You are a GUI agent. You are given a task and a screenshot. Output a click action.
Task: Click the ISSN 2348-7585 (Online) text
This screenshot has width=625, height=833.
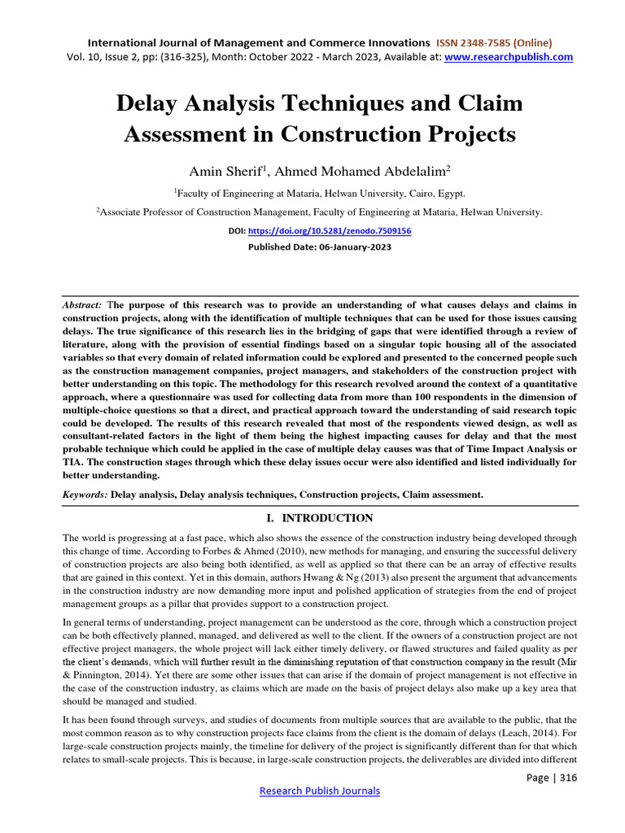coord(494,42)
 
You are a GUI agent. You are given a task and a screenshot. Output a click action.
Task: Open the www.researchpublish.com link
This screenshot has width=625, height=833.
coord(509,57)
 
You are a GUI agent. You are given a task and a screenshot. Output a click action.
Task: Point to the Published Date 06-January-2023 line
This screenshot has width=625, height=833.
coord(319,247)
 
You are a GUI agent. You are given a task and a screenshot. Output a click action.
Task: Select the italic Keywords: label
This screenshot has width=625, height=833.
coord(85,494)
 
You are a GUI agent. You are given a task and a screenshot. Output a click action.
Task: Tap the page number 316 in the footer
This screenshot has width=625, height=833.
coord(564,777)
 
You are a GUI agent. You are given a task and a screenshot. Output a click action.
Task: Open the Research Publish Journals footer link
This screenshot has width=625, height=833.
coord(319,791)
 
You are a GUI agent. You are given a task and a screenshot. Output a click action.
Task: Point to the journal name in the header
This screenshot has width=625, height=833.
coord(259,42)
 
